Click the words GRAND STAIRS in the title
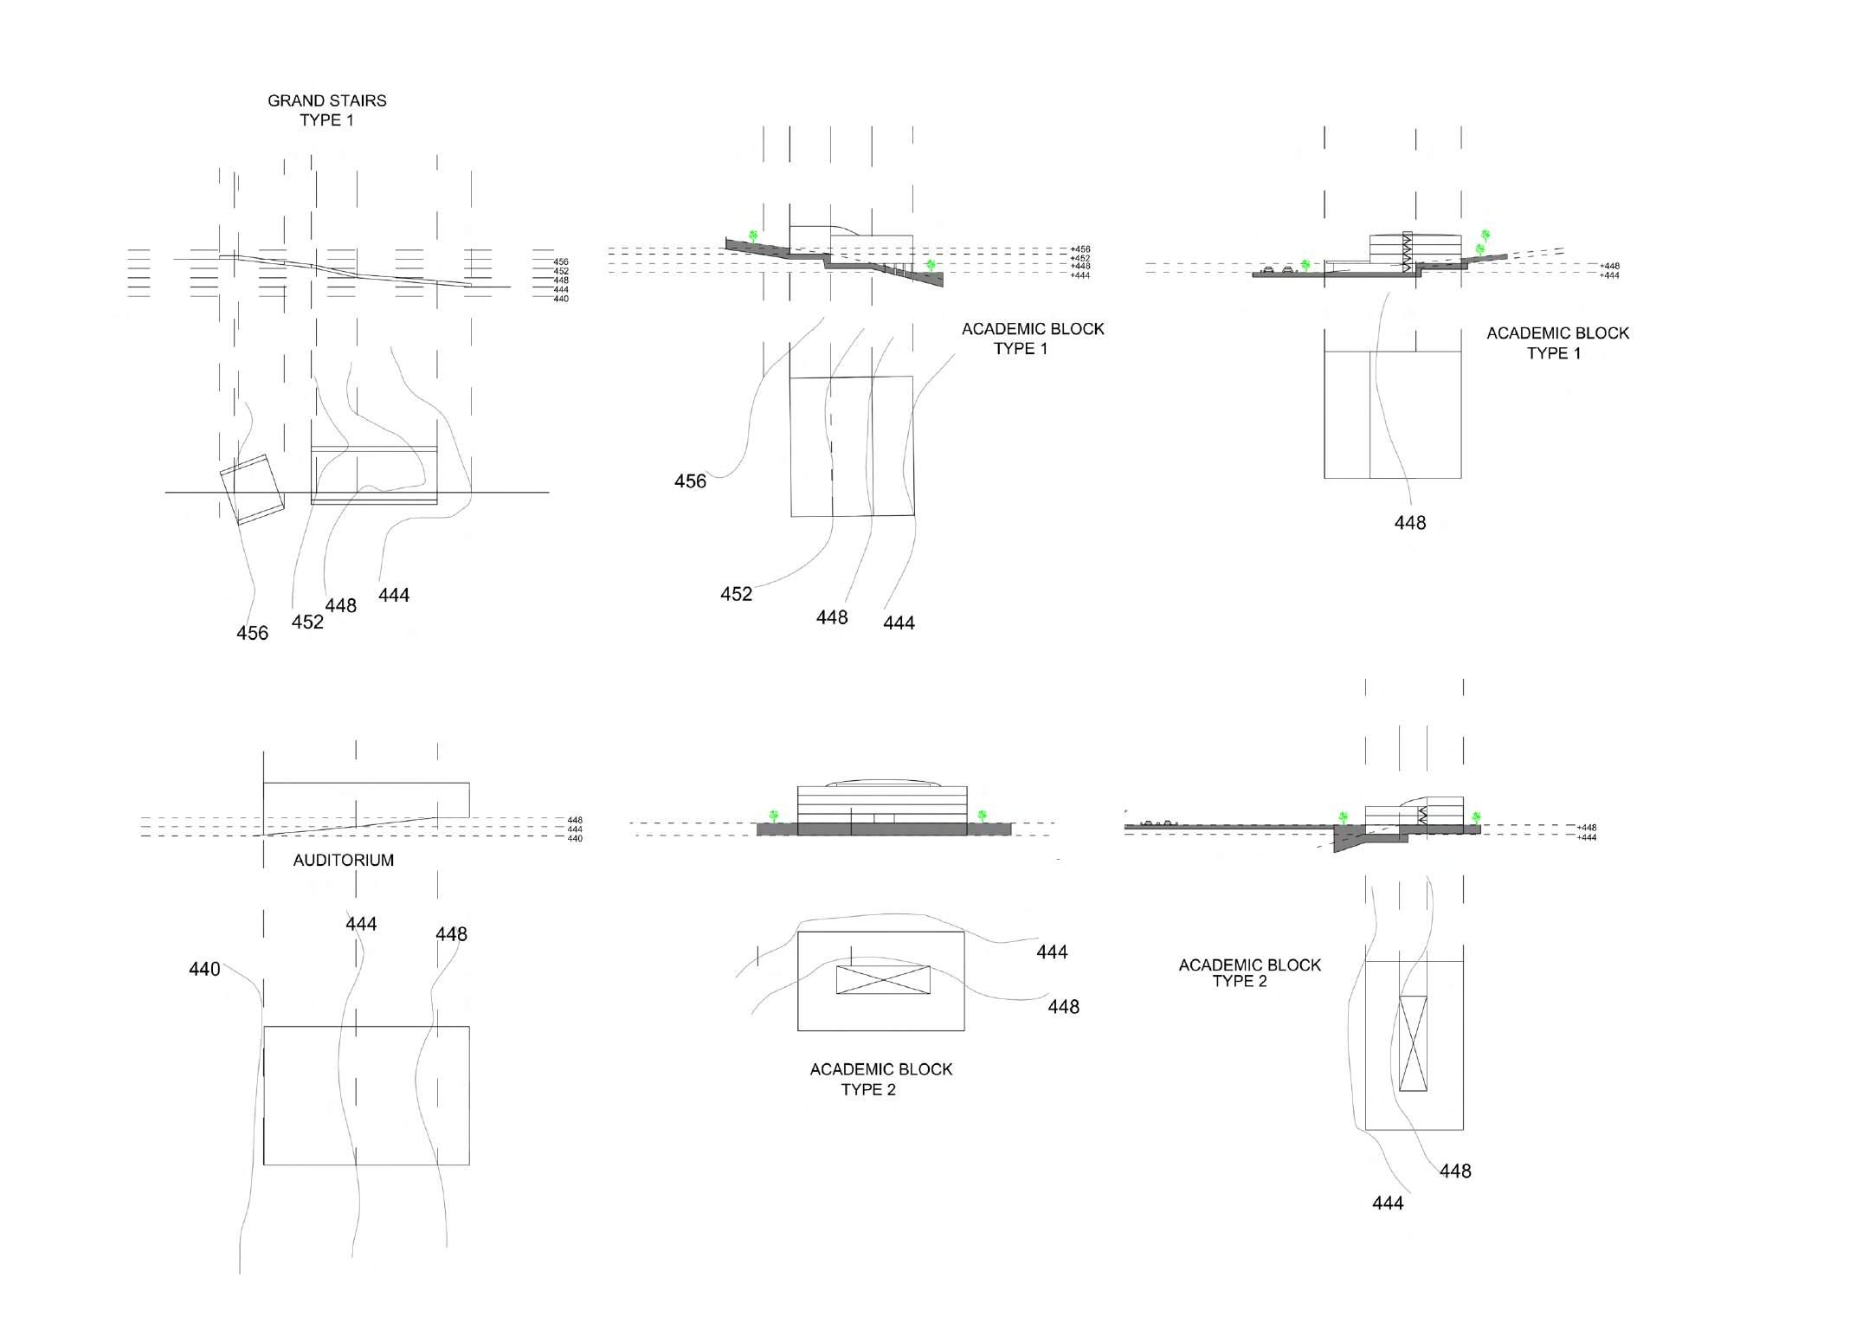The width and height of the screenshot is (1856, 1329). (326, 100)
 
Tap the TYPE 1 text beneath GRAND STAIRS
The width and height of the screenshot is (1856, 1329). (326, 120)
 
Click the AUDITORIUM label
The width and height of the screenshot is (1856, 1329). (343, 860)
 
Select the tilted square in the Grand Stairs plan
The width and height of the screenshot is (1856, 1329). (252, 489)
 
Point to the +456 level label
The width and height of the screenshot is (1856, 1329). (1080, 249)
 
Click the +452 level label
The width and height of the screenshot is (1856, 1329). (1080, 258)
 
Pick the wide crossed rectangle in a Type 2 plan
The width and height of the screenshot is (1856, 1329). (883, 979)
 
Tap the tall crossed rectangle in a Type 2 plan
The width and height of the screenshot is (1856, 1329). (1413, 1043)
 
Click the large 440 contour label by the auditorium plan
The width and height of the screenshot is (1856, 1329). (204, 970)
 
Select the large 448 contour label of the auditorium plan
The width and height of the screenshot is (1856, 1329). (451, 934)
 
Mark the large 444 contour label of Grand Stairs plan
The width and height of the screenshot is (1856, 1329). (394, 595)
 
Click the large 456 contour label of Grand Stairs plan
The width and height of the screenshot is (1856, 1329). (252, 633)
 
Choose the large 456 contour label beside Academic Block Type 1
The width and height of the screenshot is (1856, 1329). (690, 481)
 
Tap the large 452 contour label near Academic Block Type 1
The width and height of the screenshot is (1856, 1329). (736, 594)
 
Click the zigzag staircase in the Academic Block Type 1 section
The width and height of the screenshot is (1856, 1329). (1407, 253)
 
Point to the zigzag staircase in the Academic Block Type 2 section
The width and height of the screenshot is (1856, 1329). (1421, 815)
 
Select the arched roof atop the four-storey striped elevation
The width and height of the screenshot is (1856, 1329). (881, 784)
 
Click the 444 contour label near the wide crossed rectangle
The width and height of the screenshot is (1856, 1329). (1052, 952)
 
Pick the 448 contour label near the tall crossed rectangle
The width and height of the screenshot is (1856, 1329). (1455, 1171)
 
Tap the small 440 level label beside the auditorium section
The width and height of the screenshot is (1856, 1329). (575, 838)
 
